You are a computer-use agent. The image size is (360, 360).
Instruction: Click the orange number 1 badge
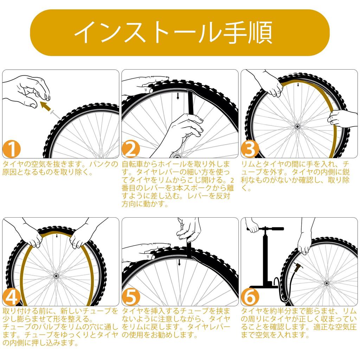[12, 149]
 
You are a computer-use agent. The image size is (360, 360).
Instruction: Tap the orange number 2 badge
[131, 149]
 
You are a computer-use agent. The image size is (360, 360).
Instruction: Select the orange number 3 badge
[250, 149]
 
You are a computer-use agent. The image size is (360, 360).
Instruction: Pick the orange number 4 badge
[12, 297]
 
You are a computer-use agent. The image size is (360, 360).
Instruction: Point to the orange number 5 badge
[131, 297]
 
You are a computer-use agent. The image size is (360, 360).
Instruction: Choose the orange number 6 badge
[250, 297]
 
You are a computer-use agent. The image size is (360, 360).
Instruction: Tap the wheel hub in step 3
[297, 127]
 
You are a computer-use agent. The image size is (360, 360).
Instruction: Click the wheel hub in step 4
[56, 276]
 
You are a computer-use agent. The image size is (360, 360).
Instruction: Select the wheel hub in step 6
[327, 283]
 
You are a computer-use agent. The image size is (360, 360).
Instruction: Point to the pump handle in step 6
[265, 229]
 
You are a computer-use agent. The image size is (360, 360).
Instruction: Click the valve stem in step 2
[178, 96]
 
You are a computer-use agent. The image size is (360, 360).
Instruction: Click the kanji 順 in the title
[261, 32]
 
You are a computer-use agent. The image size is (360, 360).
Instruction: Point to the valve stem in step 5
[179, 262]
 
